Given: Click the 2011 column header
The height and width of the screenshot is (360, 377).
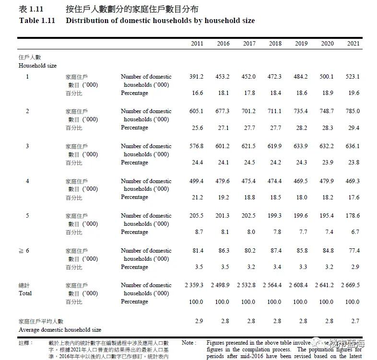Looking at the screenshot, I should pos(197,44).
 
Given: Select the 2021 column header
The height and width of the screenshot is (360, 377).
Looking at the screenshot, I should pos(353,44).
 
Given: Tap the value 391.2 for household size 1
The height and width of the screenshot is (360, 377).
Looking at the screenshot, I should pos(197,77).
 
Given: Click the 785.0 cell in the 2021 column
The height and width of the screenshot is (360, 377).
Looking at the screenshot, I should pos(353,111).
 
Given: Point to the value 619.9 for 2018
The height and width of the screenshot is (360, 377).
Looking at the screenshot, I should pos(275,146).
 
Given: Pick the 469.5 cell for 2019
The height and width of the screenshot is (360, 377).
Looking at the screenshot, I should pos(301,181).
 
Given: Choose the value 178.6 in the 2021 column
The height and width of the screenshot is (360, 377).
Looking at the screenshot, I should pos(353,216).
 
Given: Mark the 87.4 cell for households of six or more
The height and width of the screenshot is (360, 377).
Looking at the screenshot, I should pos(276,251).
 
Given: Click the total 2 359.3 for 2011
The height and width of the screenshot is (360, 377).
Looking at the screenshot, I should pos(194,285).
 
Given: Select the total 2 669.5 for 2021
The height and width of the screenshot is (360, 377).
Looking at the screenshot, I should pos(350,285).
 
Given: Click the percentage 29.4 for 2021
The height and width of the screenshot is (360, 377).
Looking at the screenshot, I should pos(354,128).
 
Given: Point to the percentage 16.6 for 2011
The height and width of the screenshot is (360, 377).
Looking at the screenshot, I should pos(198,93).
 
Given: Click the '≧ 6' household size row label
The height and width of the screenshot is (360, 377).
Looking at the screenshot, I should pos(24,251).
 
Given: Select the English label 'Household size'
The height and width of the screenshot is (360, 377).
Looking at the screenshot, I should pos(37,66).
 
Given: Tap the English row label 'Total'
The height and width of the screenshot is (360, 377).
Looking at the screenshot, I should pos(25,293).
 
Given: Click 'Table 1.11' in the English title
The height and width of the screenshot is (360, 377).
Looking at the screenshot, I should pos(37,21).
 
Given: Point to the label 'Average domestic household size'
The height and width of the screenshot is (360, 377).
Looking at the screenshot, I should pos(60,330).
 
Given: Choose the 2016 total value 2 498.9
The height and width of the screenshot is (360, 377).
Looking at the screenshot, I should pos(220,285).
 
